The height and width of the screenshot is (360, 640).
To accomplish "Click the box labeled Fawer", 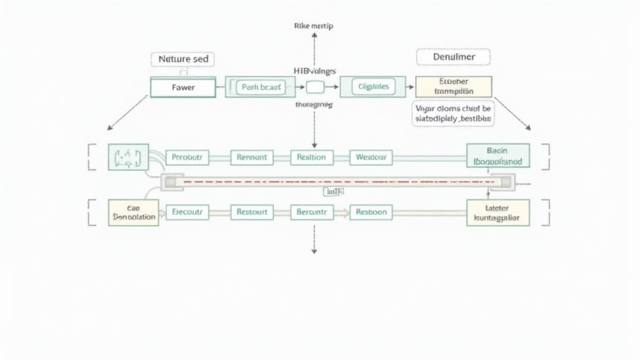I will [182, 87].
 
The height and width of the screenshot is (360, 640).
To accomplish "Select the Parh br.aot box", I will [259, 87].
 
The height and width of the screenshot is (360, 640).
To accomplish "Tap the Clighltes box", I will [372, 87].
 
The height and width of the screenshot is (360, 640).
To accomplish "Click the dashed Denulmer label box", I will [453, 57].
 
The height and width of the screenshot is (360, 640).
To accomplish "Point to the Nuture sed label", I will [182, 59].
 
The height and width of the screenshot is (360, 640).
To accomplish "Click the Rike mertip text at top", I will [314, 26].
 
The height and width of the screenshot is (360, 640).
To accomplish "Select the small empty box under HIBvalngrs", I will [314, 87].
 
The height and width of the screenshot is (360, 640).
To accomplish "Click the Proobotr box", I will [187, 157].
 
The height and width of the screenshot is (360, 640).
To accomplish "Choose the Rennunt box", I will [252, 157].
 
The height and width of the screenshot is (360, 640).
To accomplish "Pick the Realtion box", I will [312, 157].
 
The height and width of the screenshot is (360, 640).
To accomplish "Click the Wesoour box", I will [371, 157].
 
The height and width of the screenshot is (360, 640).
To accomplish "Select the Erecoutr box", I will [187, 212].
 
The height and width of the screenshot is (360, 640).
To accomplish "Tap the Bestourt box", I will [252, 212].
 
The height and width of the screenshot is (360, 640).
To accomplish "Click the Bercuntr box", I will [312, 212].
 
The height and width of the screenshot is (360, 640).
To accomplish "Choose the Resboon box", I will [371, 212].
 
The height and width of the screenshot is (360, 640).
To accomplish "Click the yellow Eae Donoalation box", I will [133, 212].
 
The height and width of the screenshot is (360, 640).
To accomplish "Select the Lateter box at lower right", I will [497, 212].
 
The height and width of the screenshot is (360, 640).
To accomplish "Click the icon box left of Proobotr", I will [128, 157].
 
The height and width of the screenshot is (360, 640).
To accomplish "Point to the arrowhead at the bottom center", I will [314, 251].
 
